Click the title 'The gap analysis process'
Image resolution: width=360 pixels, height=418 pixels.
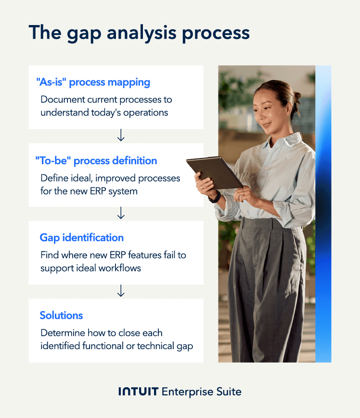[139, 33]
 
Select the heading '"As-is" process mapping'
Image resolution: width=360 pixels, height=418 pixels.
[93, 82]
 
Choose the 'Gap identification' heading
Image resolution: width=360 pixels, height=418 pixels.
[81, 238]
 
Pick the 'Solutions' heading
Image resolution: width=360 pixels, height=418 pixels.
[61, 315]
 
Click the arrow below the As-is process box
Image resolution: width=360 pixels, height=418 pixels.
[121, 136]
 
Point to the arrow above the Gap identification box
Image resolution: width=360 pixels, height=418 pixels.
[121, 213]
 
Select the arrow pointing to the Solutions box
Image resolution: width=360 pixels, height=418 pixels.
[121, 291]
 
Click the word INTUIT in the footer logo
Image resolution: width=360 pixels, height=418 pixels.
[138, 392]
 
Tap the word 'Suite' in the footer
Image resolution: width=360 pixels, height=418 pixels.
[228, 392]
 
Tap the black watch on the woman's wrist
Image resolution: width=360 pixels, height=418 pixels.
[215, 196]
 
